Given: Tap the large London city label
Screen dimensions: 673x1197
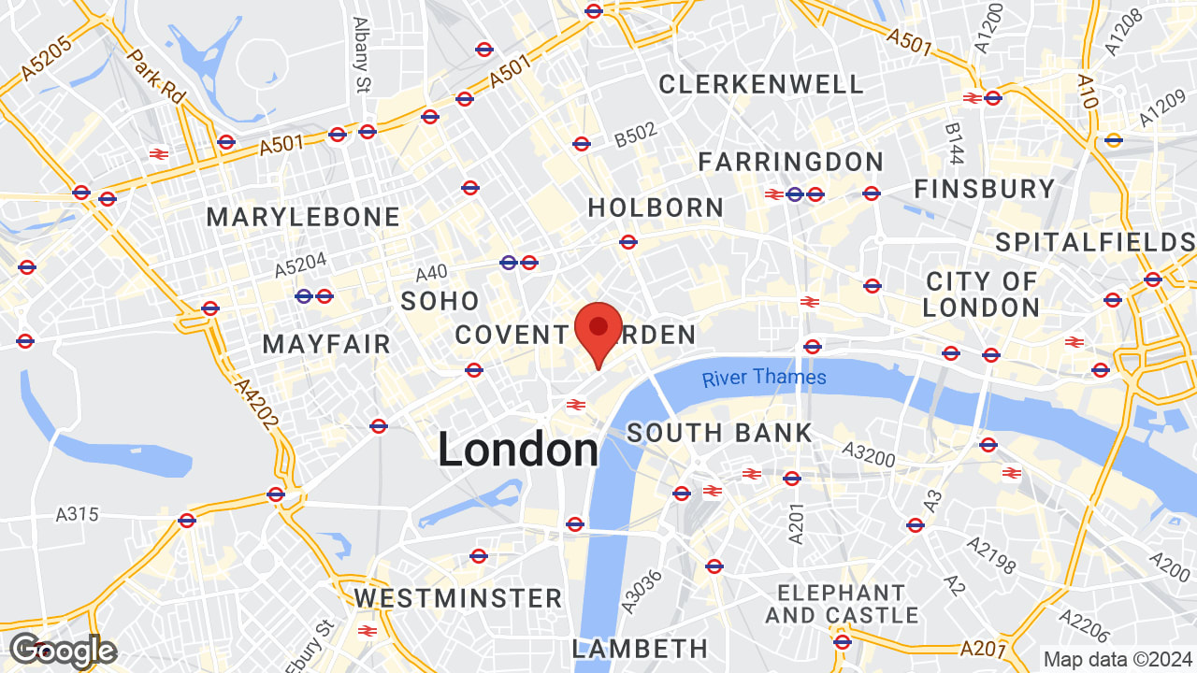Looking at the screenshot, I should [518, 451].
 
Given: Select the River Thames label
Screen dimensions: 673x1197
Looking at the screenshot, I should [764, 378].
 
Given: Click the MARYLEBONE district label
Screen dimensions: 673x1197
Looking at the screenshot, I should [303, 218].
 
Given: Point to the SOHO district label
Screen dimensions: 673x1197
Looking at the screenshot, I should [440, 301].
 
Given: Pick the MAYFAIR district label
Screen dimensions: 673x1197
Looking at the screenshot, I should [326, 344].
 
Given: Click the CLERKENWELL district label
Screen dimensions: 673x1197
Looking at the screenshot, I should [761, 84].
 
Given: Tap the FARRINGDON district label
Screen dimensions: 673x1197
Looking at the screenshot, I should [790, 162].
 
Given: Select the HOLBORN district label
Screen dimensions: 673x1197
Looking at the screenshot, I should [656, 208].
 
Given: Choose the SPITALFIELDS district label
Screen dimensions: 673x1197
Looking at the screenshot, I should [1095, 243].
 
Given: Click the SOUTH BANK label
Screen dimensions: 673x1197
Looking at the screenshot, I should [719, 434].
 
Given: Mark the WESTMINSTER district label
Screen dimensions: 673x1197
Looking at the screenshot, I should [457, 598].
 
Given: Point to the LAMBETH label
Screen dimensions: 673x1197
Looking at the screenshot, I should [640, 648].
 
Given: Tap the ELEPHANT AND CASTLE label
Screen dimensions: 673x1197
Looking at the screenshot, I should [842, 604].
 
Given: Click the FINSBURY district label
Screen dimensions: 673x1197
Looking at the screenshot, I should [984, 189].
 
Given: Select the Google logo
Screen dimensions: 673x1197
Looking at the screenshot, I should [62, 650].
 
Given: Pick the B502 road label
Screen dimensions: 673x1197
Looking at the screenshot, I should [636, 138].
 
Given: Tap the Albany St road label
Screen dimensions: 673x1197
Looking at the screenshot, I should [361, 54].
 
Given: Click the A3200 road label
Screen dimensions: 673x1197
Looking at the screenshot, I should [869, 454].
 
